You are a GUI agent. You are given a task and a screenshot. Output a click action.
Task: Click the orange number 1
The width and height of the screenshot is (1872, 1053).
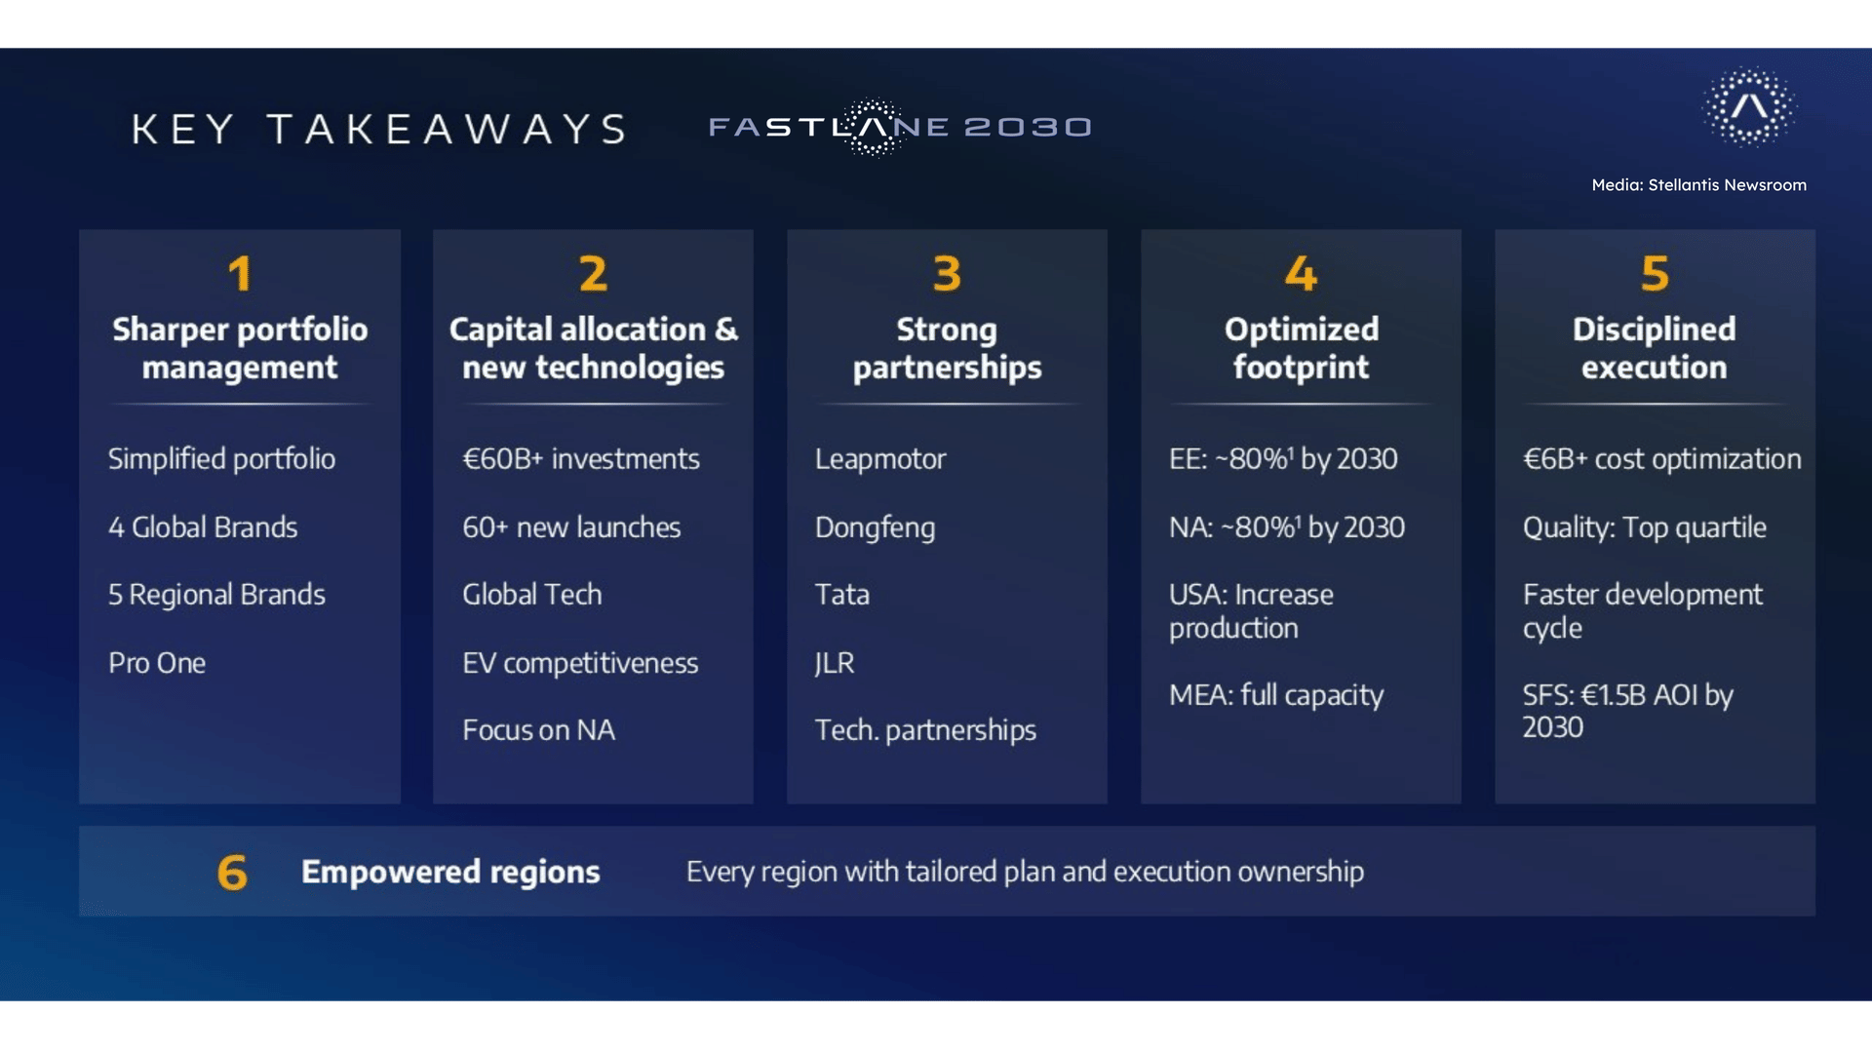240,274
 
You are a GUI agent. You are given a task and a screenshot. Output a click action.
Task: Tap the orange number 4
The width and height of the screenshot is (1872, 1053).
1301,274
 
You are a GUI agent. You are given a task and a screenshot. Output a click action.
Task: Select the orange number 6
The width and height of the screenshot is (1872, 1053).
232,873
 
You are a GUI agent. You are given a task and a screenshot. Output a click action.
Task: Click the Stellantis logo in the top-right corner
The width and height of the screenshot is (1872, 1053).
1749,106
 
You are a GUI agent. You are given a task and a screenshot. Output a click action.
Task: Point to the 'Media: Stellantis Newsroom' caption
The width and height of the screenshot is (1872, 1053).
1698,185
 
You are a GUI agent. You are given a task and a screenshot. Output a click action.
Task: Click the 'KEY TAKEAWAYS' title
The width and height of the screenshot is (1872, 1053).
379,129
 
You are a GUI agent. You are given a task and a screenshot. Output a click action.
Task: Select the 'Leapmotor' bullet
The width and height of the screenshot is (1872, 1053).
880,459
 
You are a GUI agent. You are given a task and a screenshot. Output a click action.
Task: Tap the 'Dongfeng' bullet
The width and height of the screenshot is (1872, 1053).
875,528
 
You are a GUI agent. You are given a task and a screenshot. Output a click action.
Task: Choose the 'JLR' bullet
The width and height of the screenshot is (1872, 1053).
835,663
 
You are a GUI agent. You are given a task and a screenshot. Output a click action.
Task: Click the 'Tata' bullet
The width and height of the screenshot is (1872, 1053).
841,595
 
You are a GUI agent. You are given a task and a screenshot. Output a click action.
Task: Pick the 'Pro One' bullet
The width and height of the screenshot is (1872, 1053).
157,663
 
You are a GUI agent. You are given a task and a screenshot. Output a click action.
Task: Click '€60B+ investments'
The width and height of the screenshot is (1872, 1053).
581,459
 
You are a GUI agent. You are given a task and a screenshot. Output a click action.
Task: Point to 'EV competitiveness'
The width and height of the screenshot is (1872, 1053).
580,664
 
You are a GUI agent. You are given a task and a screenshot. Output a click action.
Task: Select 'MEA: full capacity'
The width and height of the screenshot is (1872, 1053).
1276,695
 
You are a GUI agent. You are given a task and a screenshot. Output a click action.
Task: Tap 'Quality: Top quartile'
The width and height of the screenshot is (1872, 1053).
1645,527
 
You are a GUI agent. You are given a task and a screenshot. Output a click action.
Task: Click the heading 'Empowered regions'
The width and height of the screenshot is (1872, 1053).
450,872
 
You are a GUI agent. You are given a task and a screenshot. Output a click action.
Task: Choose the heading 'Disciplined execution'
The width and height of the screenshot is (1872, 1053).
1655,348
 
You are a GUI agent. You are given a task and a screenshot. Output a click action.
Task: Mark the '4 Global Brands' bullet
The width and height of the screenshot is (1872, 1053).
203,527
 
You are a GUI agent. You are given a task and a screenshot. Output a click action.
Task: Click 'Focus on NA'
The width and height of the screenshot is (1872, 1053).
538,730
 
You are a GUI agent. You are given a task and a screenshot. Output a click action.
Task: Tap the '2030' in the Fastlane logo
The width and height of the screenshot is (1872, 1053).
1028,128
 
